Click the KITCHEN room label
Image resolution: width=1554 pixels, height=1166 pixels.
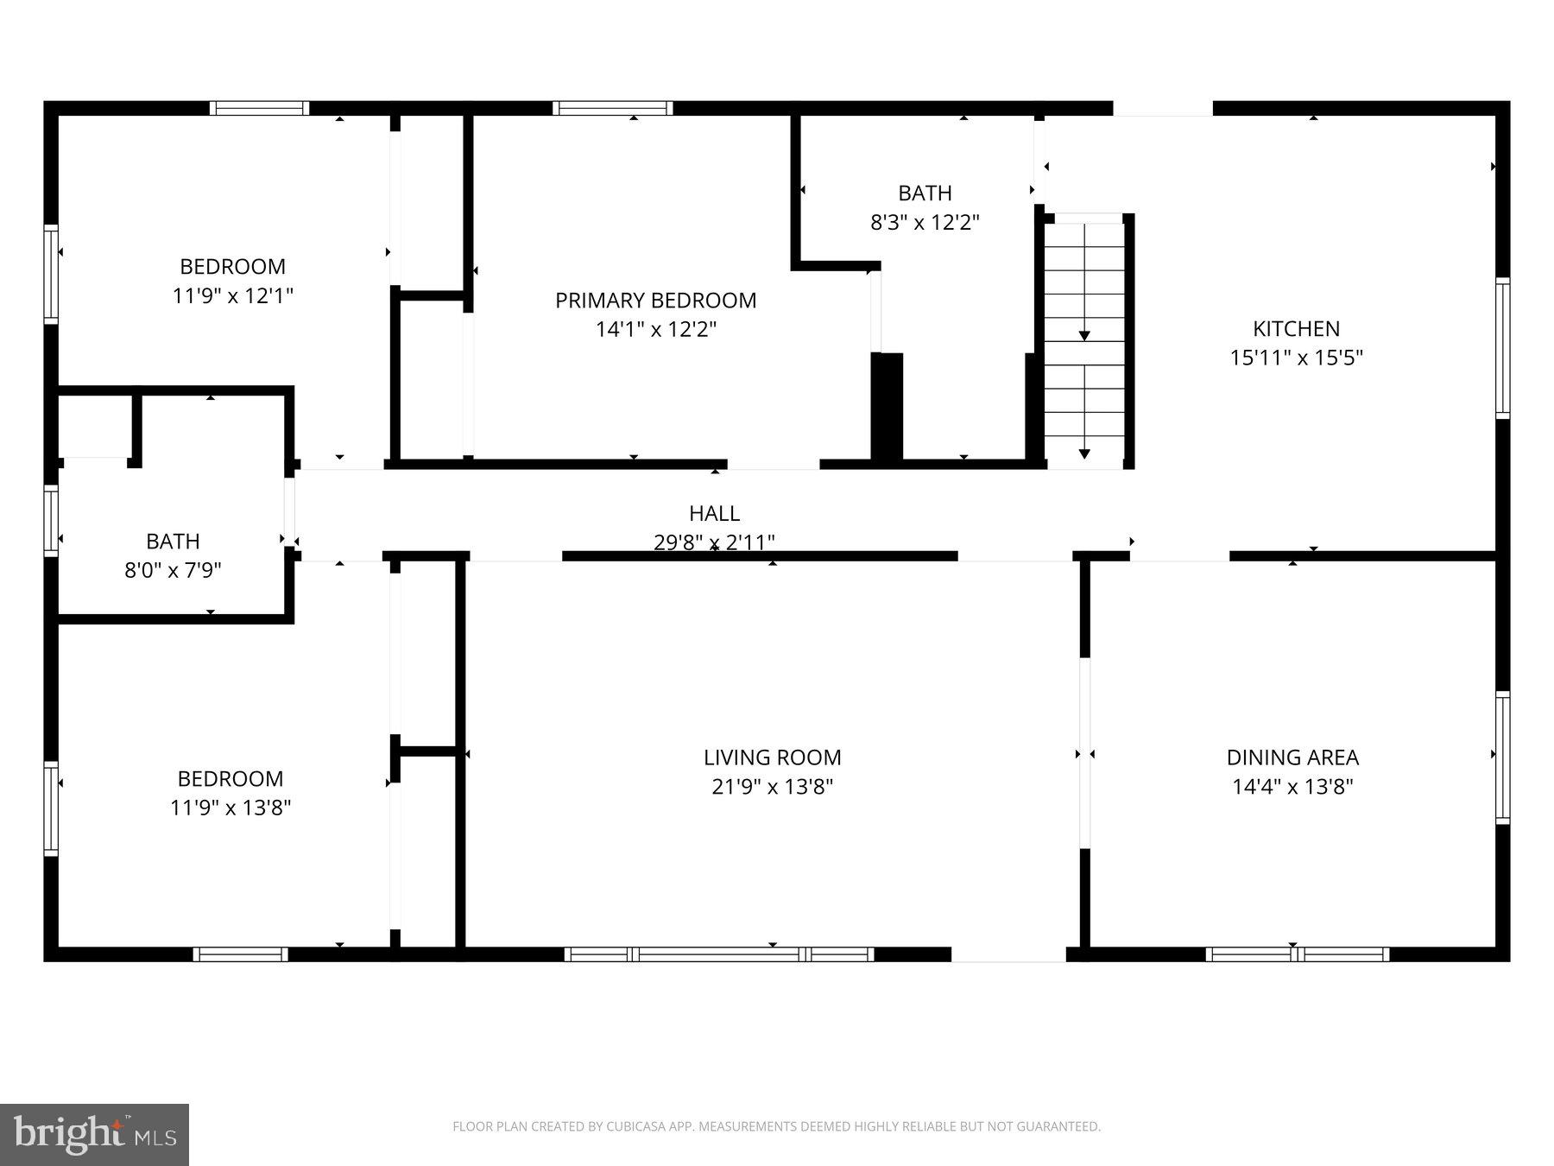tap(1296, 328)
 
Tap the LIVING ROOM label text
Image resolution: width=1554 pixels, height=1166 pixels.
tap(772, 757)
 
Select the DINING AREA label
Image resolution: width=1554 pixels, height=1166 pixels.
tap(1292, 757)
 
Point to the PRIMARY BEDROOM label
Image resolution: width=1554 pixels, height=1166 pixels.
tap(655, 301)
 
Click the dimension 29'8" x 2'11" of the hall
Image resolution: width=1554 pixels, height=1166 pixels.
tap(714, 542)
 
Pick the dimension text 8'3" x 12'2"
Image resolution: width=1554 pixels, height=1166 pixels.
tap(925, 223)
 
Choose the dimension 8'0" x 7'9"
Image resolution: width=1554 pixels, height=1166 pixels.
tap(173, 570)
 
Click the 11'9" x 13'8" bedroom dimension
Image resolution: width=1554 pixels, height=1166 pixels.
tap(231, 808)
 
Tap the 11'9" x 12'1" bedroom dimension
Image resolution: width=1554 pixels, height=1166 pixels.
tap(233, 295)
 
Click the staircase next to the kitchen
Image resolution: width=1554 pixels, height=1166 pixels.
tap(1084, 341)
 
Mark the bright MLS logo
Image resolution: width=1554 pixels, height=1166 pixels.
tap(94, 1134)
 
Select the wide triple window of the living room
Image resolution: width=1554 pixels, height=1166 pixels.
tap(719, 954)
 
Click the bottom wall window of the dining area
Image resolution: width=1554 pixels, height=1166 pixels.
tap(1297, 954)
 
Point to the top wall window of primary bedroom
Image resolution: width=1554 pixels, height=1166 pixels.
tap(612, 108)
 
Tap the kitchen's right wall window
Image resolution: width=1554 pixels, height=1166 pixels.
tap(1503, 348)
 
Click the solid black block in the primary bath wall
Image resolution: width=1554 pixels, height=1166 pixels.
tap(887, 406)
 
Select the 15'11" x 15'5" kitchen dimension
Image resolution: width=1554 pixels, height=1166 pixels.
tap(1296, 358)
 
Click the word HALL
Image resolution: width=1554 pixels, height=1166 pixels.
tap(714, 513)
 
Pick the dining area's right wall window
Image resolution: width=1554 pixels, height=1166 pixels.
tap(1503, 757)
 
